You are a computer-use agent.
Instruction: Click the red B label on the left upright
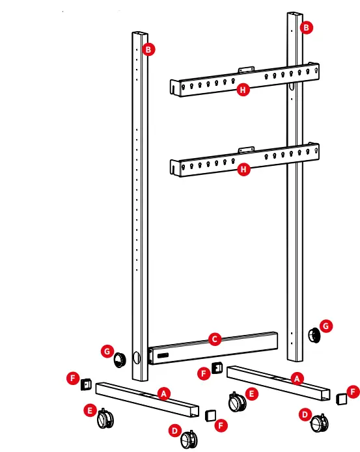click(149, 49)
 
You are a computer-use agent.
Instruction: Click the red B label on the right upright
click(307, 27)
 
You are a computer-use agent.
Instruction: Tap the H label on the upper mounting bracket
click(243, 90)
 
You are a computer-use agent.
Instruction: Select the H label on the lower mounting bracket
click(243, 170)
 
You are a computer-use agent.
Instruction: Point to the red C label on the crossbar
click(214, 338)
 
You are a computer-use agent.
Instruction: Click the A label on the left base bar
click(164, 393)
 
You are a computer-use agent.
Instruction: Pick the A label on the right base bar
click(297, 378)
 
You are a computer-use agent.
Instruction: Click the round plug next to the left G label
click(120, 359)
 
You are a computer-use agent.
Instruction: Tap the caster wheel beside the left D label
click(188, 440)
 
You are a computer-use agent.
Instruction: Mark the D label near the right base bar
click(304, 414)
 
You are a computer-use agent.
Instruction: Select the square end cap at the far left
click(85, 385)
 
